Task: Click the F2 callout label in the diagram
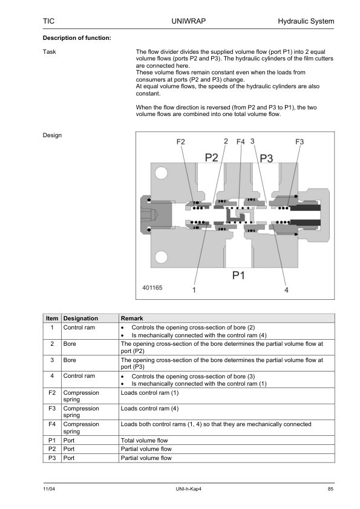(181, 142)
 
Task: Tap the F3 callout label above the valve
(299, 142)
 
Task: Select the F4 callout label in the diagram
(240, 142)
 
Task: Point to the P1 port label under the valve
(238, 275)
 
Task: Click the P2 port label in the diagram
(212, 158)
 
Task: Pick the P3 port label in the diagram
(266, 158)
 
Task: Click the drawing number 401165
(152, 288)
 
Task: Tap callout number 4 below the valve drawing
(286, 290)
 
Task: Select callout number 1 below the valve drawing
(194, 290)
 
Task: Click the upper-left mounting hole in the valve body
(161, 173)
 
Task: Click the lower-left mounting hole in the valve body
(161, 257)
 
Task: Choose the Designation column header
(80, 319)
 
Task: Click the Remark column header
(132, 319)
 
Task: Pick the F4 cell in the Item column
(52, 424)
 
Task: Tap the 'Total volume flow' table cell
(144, 441)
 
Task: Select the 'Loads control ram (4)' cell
(150, 409)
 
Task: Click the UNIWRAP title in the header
(188, 21)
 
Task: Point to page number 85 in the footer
(330, 489)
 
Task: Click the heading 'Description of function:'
(77, 38)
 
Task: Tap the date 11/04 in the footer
(49, 489)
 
